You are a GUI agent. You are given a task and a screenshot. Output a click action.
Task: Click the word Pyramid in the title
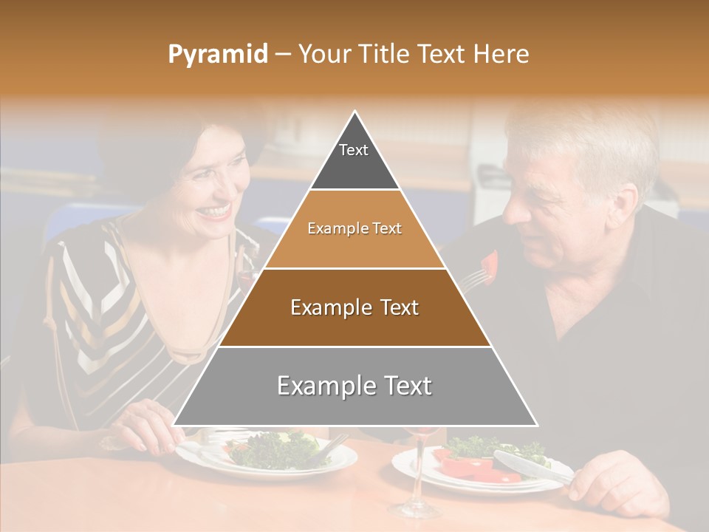pos(217,55)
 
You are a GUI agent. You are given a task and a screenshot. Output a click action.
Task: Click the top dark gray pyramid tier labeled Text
pos(354,159)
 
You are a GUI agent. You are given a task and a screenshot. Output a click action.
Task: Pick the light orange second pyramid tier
pos(354,229)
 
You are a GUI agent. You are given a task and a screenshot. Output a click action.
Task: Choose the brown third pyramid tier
pos(354,307)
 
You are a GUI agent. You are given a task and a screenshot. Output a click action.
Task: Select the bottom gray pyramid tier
pos(354,386)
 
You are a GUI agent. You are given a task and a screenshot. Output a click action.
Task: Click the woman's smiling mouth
pos(215,211)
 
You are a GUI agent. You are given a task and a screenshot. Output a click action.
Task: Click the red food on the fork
pos(489,263)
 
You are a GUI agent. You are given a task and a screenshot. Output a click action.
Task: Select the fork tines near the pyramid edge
pos(474,279)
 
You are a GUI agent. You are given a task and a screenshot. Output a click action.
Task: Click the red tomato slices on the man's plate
pos(473,468)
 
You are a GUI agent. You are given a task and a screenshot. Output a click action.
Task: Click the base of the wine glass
pos(415,509)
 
